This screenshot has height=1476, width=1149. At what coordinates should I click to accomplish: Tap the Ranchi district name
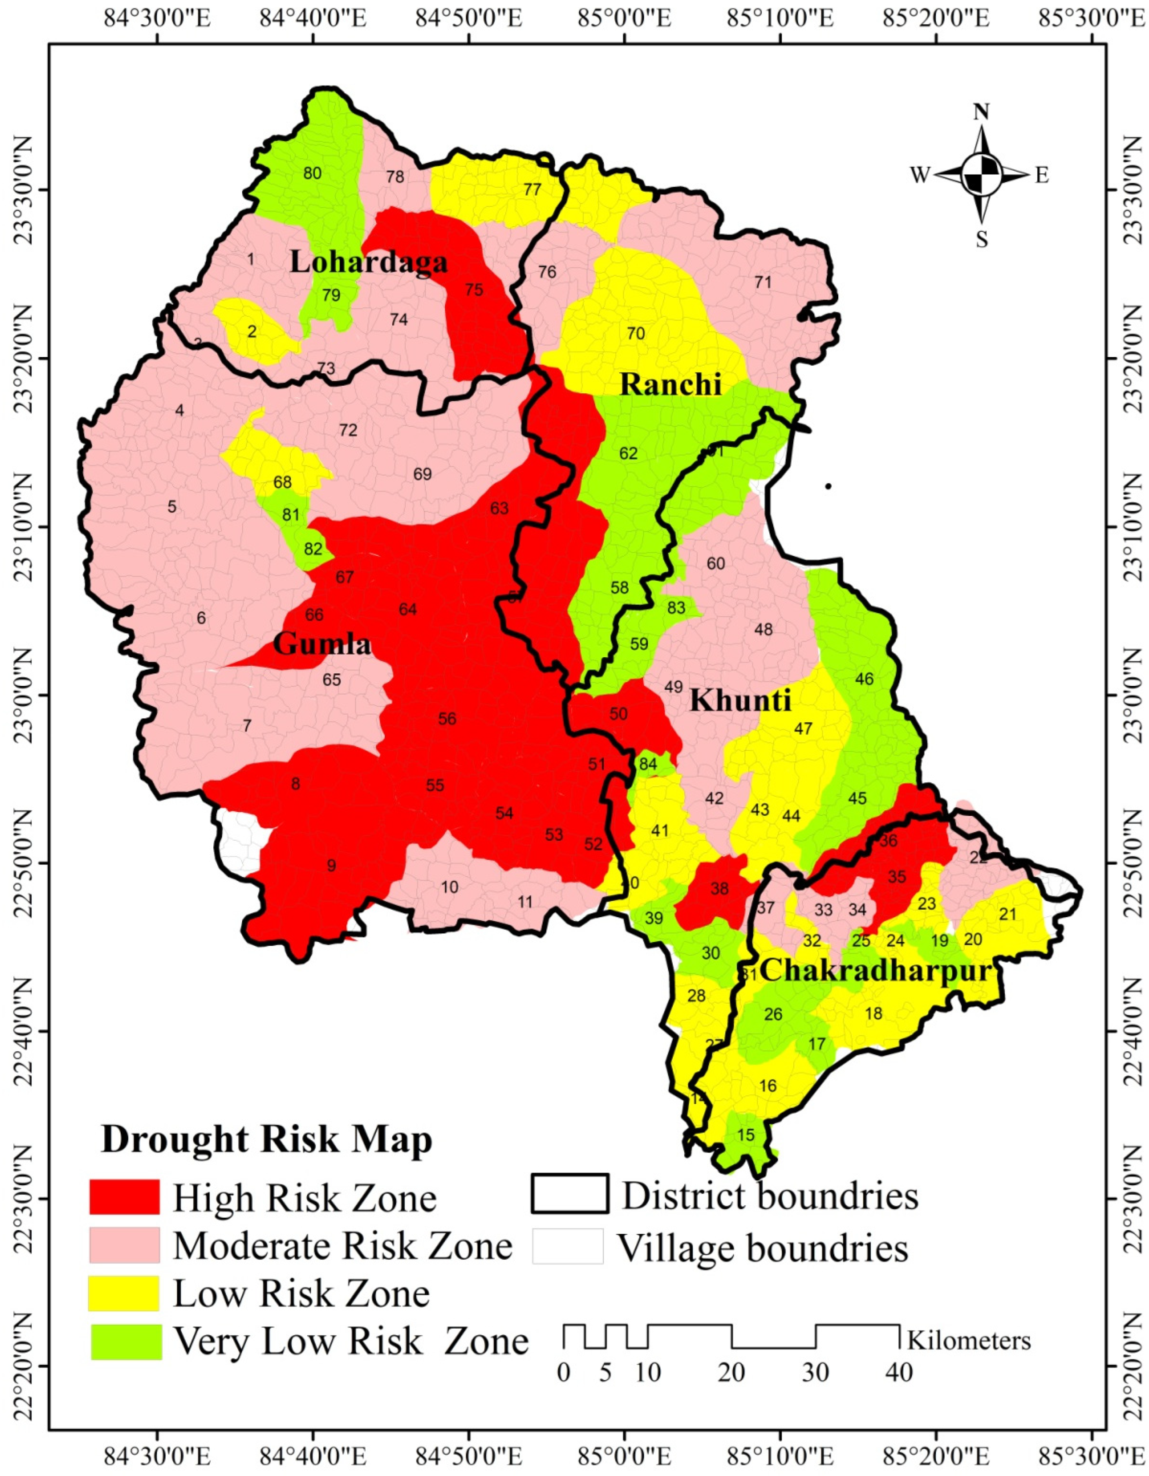coord(671,385)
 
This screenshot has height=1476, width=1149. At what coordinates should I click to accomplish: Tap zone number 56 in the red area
coord(447,719)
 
